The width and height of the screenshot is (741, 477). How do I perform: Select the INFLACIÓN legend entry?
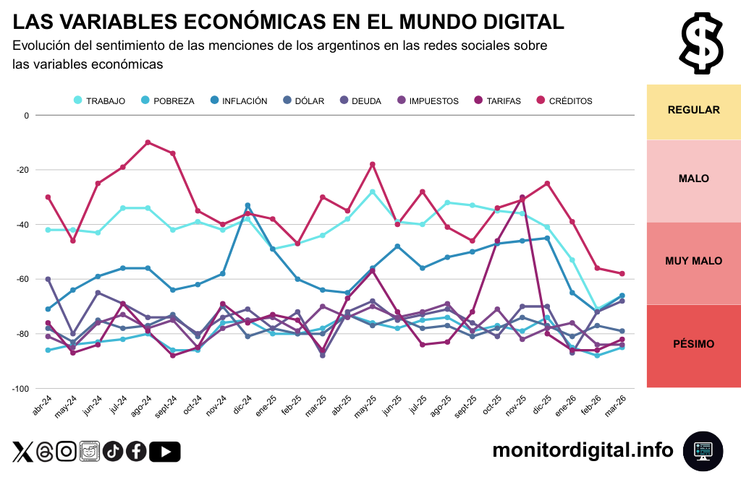[x=238, y=101]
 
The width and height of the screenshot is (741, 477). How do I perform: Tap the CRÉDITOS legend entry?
[x=564, y=101]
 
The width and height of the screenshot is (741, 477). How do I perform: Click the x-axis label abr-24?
[x=43, y=405]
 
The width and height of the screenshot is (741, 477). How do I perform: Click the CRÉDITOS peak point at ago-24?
[x=148, y=142]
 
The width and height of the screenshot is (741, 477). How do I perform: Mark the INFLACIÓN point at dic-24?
[x=247, y=205]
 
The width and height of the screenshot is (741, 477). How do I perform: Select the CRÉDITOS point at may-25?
[x=373, y=164]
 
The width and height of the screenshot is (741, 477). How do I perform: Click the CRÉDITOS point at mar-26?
[x=622, y=273]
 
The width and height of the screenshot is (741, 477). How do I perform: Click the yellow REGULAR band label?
[x=693, y=111]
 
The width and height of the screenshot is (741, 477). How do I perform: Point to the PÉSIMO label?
[x=693, y=344]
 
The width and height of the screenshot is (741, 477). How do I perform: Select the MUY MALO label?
[x=693, y=261]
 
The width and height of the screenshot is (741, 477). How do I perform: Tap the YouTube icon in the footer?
[x=166, y=452]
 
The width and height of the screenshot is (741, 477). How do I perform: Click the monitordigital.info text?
[x=583, y=450]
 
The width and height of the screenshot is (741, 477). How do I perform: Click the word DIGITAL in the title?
[x=515, y=22]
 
